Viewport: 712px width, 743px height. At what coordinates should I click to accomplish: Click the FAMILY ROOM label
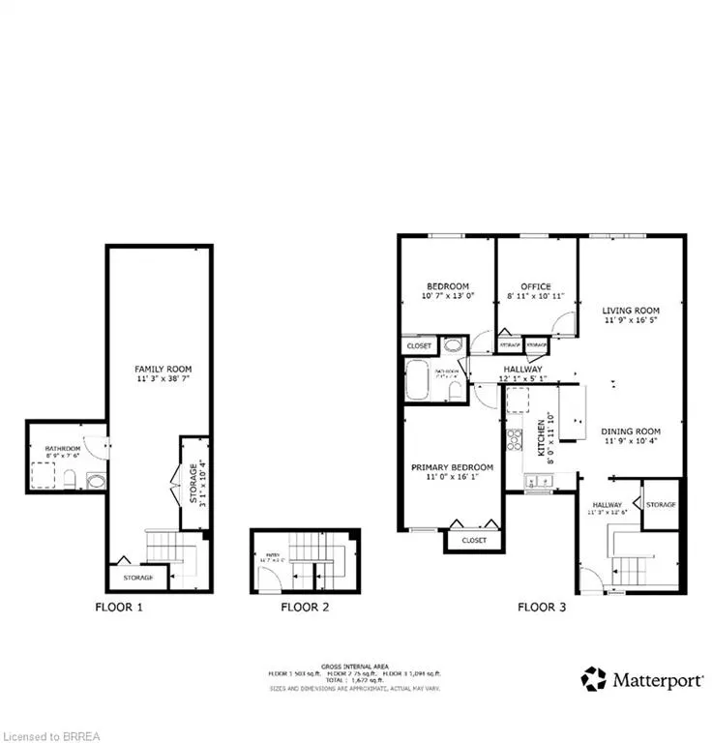163,369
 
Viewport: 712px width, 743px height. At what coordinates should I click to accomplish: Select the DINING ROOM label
631,431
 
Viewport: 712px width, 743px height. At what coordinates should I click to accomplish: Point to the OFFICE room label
535,286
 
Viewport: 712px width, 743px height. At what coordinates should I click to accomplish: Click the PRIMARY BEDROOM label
453,467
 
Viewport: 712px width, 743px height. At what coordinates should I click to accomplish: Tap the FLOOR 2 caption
305,608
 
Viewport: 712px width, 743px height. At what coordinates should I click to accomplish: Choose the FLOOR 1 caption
119,608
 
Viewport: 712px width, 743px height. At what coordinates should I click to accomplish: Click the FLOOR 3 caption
542,608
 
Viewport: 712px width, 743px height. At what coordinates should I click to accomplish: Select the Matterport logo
642,678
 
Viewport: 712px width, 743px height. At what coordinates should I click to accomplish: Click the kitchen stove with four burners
515,440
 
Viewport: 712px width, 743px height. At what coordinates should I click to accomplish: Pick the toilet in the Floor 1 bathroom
70,477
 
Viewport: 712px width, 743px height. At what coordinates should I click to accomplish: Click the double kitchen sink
537,480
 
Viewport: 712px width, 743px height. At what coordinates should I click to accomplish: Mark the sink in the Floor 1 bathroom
95,480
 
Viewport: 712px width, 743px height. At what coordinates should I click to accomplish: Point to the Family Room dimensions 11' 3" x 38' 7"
163,381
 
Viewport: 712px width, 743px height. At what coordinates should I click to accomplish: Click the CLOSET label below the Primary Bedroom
474,541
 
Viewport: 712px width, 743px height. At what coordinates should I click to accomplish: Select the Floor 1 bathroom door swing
95,446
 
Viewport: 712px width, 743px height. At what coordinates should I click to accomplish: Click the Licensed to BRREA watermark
48,732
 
